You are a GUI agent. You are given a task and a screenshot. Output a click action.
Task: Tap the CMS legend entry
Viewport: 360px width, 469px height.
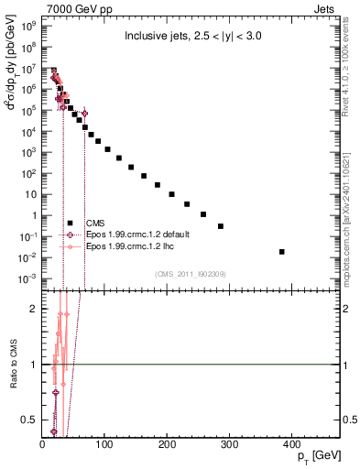[94, 223]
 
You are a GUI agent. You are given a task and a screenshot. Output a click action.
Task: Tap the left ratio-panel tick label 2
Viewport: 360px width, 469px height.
[33, 309]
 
